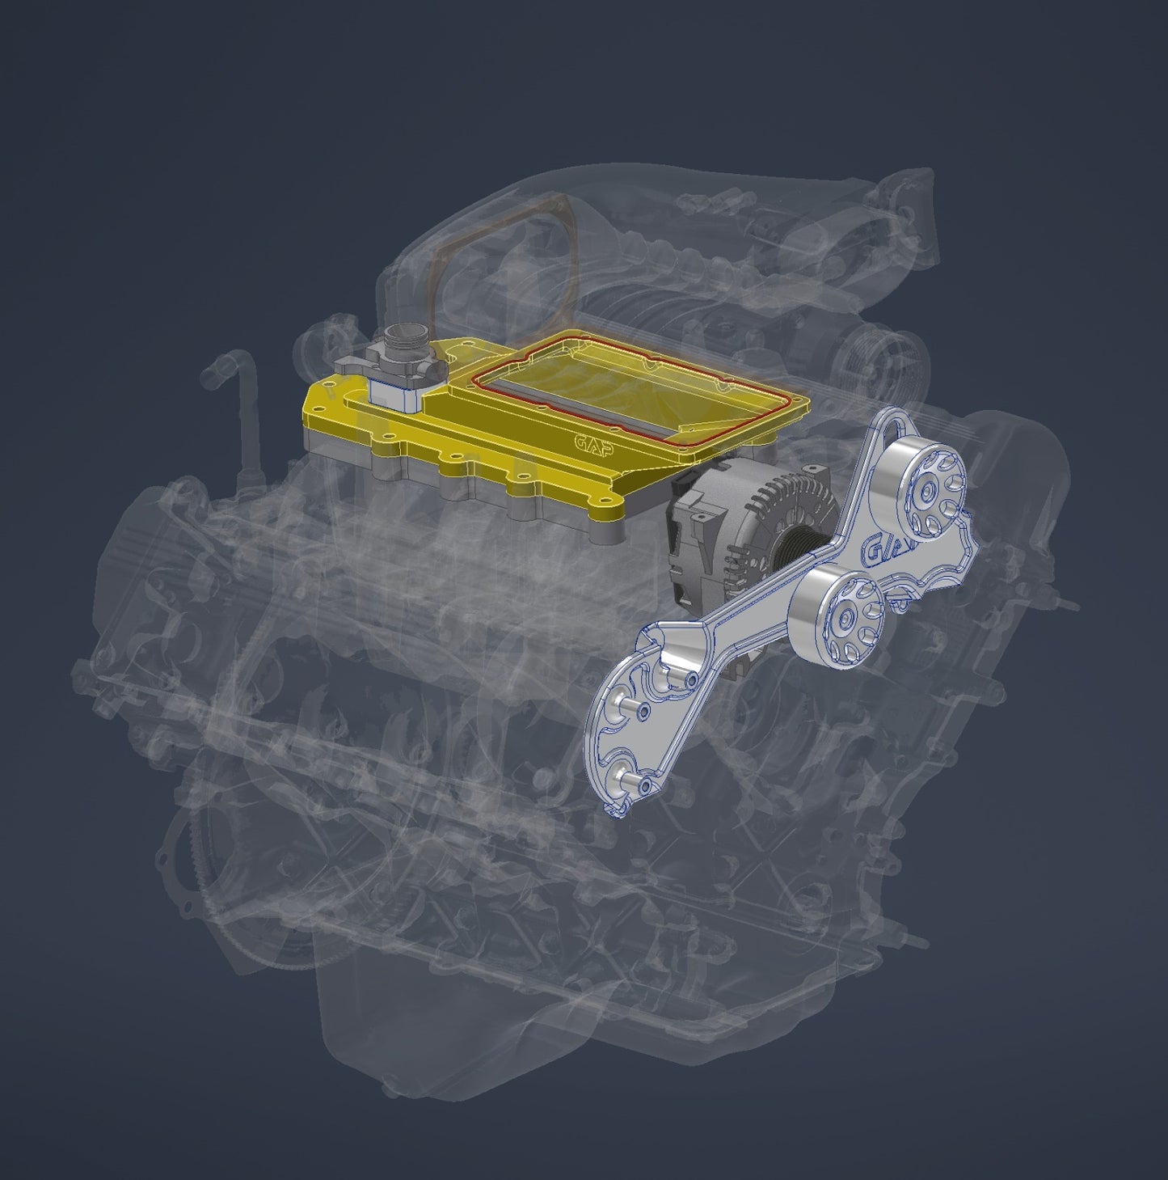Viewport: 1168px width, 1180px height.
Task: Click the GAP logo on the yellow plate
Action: coord(593,442)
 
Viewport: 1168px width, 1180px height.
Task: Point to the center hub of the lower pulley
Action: coord(845,618)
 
